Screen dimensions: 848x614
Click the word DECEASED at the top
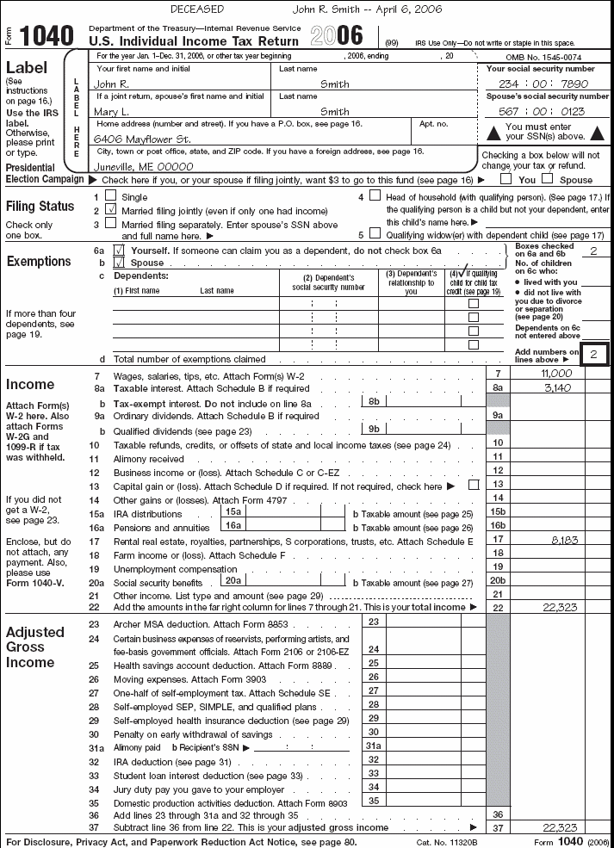pyautogui.click(x=197, y=9)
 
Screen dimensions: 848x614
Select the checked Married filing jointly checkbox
pyautogui.click(x=109, y=209)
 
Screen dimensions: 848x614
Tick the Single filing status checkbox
pyautogui.click(x=109, y=196)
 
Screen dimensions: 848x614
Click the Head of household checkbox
pyautogui.click(x=374, y=195)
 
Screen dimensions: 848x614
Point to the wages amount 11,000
pyautogui.click(x=555, y=374)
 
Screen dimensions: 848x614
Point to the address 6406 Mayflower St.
pyautogui.click(x=142, y=139)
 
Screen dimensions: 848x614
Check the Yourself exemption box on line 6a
pyautogui.click(x=120, y=250)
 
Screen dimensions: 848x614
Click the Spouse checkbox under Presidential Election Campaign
pyautogui.click(x=547, y=180)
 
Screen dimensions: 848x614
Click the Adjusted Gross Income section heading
pyautogui.click(x=35, y=647)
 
